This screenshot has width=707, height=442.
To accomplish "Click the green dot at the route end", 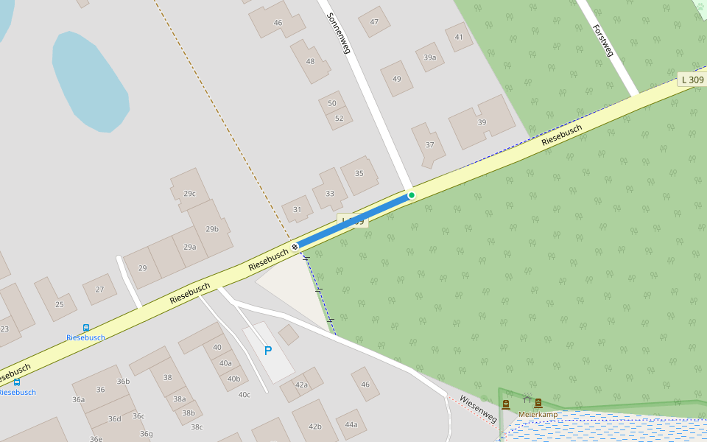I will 412,195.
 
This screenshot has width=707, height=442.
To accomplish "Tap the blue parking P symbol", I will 268,351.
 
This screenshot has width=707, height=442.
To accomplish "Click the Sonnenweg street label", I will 338,33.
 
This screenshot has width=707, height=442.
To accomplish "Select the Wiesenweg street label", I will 478,409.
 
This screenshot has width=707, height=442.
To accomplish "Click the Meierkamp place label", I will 538,414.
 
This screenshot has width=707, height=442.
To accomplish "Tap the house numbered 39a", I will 430,57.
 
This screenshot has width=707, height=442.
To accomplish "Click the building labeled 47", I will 374,21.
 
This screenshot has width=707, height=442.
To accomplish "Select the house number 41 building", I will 459,37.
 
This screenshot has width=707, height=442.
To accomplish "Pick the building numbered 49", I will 397,79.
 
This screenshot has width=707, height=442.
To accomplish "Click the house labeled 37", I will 429,144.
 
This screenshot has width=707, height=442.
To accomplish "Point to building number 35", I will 359,174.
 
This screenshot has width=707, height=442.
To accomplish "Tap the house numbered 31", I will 298,209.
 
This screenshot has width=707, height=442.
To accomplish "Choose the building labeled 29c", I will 189,193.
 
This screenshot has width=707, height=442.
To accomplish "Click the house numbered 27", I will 99,290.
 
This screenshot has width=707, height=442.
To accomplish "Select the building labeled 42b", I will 315,426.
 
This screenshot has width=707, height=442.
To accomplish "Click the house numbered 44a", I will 351,424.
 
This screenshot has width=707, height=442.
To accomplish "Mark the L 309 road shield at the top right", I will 692,80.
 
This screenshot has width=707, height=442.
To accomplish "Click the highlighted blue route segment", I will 353,220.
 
